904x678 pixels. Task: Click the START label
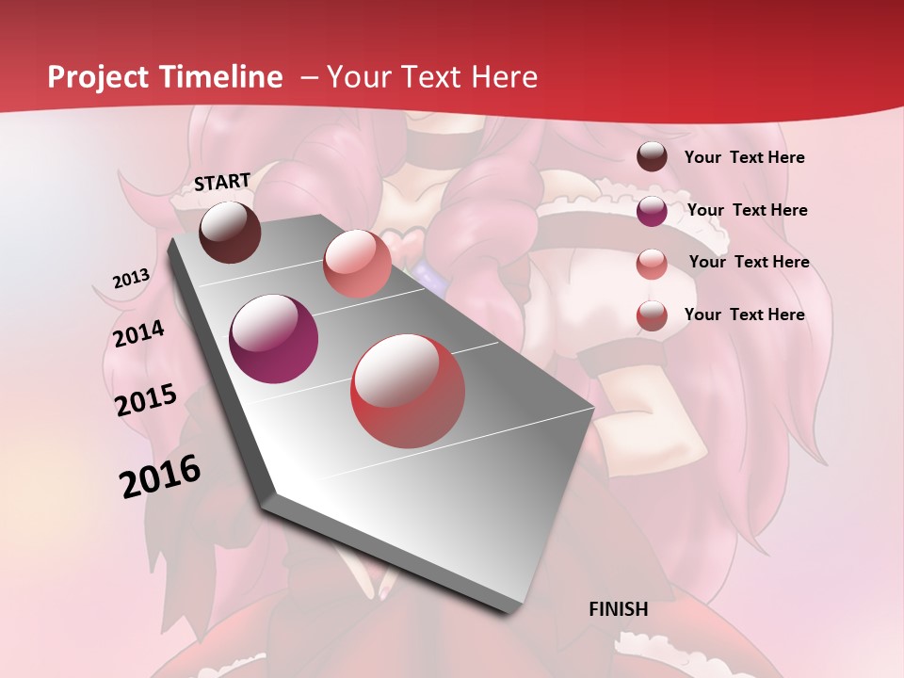click(x=222, y=182)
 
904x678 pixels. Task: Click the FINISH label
click(x=618, y=609)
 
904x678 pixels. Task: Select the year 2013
click(x=131, y=279)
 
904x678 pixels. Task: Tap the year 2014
click(x=138, y=334)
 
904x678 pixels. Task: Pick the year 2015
click(x=146, y=400)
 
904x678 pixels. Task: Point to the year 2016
click(x=160, y=476)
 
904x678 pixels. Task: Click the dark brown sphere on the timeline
click(x=230, y=232)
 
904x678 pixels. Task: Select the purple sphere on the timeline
click(x=274, y=339)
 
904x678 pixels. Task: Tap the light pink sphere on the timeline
click(x=357, y=264)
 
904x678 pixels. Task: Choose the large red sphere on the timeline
click(x=408, y=392)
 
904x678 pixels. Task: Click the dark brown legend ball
click(x=652, y=157)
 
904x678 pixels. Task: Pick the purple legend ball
click(x=652, y=211)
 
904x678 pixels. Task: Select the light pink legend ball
click(x=652, y=263)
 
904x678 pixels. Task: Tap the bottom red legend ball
click(x=652, y=315)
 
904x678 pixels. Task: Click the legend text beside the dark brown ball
click(x=744, y=157)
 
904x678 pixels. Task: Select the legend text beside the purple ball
click(x=747, y=210)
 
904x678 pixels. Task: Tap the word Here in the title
click(x=503, y=77)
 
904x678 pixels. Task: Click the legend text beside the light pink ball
click(x=749, y=262)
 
